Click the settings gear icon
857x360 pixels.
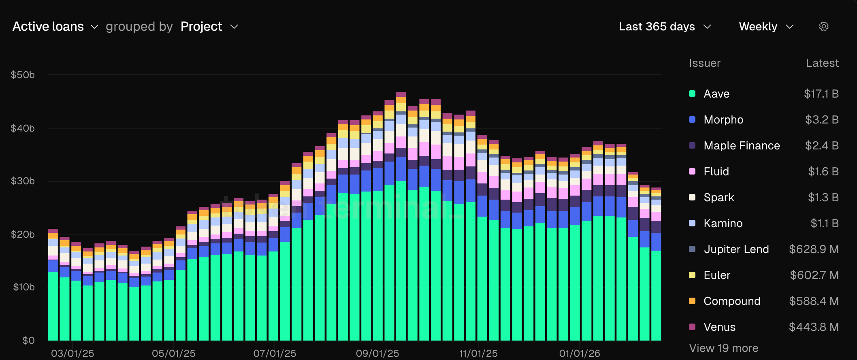click(x=823, y=27)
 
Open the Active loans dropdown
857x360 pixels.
click(x=55, y=27)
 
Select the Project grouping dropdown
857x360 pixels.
click(x=209, y=27)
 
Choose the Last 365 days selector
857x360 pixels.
click(x=665, y=27)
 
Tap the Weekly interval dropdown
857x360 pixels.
click(x=766, y=27)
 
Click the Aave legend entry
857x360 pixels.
click(x=716, y=94)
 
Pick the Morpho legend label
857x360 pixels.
click(x=723, y=120)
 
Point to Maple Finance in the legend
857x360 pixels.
click(x=742, y=146)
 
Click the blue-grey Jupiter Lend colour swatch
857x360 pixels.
click(x=692, y=249)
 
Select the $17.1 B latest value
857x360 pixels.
click(x=821, y=94)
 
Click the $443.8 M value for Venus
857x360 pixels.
click(x=813, y=327)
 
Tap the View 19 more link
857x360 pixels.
click(x=723, y=348)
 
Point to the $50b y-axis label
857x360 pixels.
click(x=23, y=75)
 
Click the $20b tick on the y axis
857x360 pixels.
click(x=23, y=234)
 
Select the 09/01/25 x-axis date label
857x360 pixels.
click(x=377, y=354)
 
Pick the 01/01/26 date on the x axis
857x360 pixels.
click(x=580, y=354)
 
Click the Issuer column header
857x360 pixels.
click(x=705, y=63)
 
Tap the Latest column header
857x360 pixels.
click(x=822, y=63)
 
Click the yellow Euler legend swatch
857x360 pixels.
click(x=692, y=275)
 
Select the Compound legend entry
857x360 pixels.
click(x=732, y=301)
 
